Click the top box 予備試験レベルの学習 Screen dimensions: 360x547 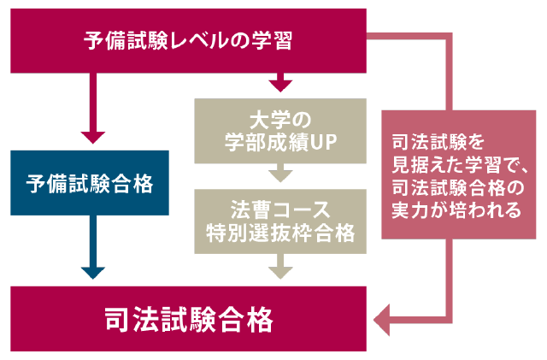[188, 39]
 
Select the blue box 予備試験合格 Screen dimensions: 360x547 [90, 182]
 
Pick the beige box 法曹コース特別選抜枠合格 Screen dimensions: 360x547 [279, 221]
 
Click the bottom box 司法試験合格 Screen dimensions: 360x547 [188, 319]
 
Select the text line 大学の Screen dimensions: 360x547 [279, 120]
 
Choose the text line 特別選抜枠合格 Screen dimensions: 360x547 [279, 233]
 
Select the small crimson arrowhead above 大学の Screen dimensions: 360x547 [279, 84]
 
